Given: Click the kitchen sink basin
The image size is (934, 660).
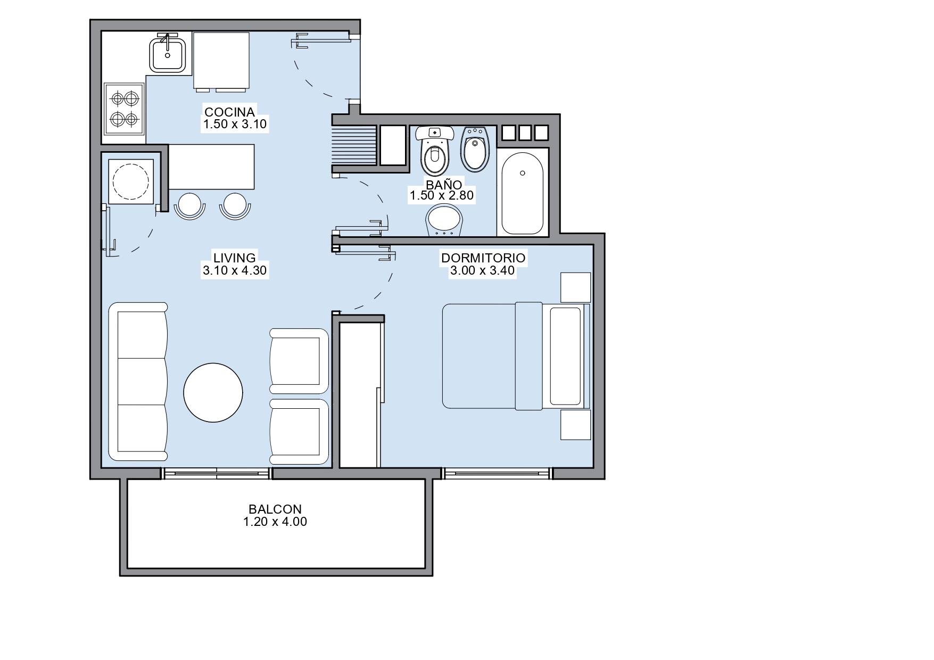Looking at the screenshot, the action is pos(168,53).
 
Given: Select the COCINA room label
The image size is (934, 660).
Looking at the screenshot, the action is pos(230,112).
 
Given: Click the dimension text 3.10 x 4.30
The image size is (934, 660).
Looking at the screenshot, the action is pos(235,270).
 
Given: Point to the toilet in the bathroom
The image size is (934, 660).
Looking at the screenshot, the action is pos(435,151).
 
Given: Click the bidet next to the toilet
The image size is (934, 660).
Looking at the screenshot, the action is pos(475,149).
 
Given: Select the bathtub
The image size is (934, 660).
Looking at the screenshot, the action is pos(523,193).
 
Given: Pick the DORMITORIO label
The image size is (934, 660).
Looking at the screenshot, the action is pos(483,258).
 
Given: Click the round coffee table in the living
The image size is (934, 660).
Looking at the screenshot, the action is pos(213,392).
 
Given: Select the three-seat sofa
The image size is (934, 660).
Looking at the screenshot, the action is pos(138,382).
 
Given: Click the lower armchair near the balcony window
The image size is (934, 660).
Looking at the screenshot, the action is pos(299,432).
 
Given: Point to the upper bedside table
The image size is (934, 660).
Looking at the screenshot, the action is pos(576,287).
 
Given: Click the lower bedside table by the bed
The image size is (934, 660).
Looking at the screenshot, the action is pos(576,425).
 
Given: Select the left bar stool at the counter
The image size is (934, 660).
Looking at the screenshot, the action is pos(189,206).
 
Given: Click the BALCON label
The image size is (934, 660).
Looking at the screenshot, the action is pos(275,509).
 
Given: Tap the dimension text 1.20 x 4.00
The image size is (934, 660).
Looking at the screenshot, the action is pos(275,522).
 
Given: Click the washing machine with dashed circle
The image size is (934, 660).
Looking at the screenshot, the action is pos(131,181).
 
